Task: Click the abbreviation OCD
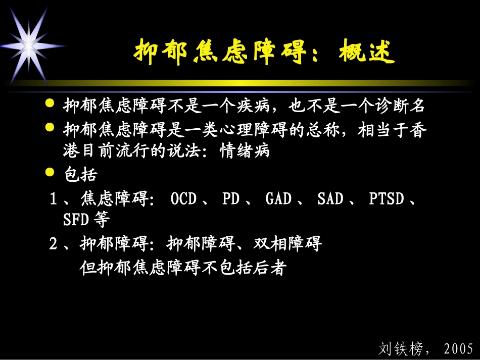pyautogui.click(x=183, y=199)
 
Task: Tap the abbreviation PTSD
pyautogui.click(x=387, y=199)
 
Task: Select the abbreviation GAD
pyautogui.click(x=278, y=199)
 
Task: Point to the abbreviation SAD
pyautogui.click(x=330, y=199)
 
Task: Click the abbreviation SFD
pyautogui.click(x=75, y=221)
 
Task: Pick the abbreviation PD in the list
pyautogui.click(x=230, y=199)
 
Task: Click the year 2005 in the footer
pyautogui.click(x=458, y=348)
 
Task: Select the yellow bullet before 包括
pyautogui.click(x=50, y=172)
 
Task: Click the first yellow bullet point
pyautogui.click(x=50, y=104)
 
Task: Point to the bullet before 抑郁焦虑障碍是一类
pyautogui.click(x=50, y=127)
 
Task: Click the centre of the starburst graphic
pyautogui.click(x=28, y=46)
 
